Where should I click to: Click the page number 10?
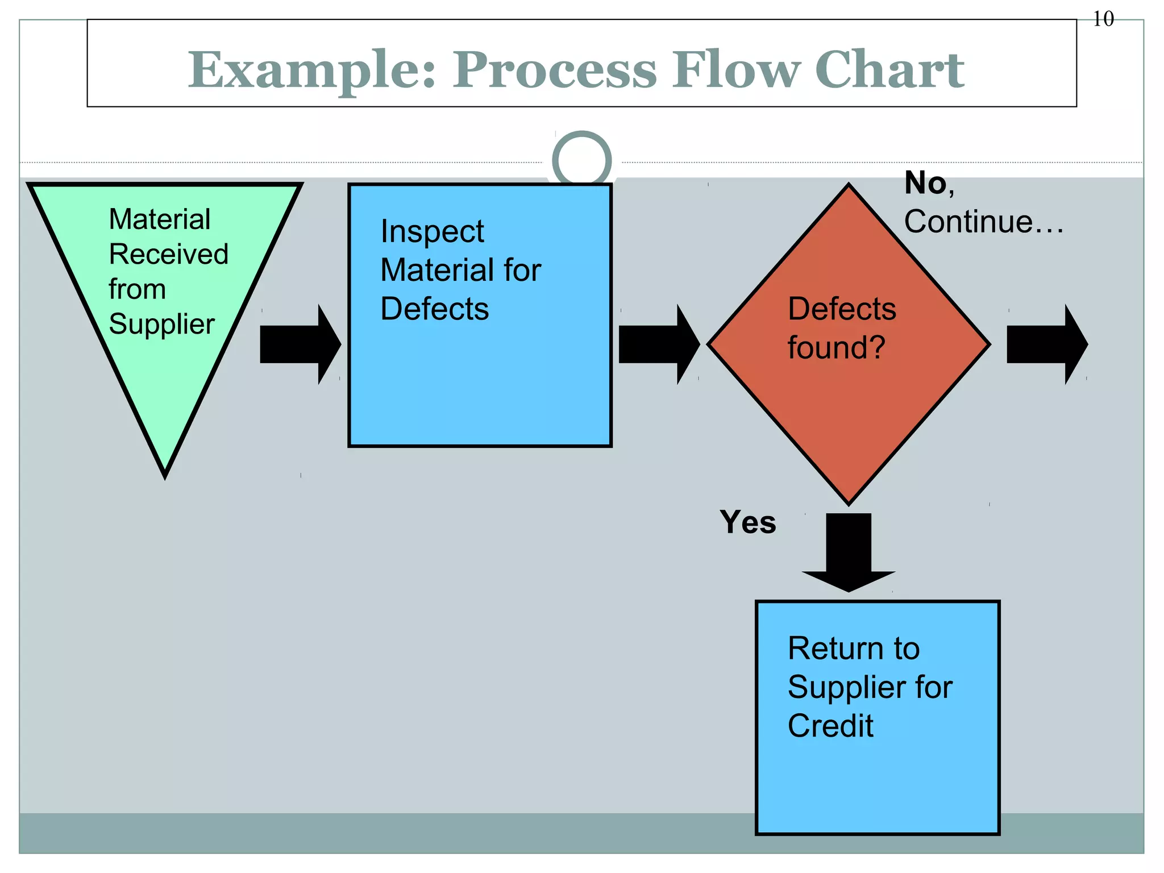[1103, 19]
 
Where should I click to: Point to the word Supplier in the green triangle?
[162, 325]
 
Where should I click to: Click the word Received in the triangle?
[169, 254]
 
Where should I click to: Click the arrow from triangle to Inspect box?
[300, 344]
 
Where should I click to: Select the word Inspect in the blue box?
[432, 232]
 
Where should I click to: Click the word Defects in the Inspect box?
[434, 309]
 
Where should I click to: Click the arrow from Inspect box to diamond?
[659, 344]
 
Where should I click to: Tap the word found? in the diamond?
[836, 348]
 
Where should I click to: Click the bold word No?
[926, 184]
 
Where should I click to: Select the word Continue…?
[983, 222]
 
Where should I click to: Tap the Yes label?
[747, 522]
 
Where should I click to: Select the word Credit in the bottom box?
[830, 726]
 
